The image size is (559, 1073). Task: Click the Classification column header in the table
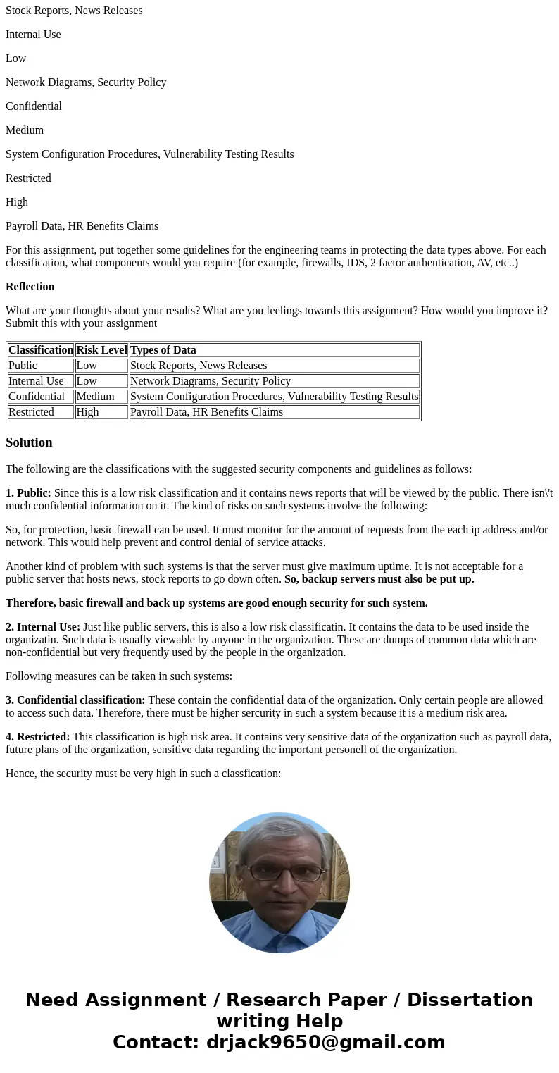(41, 350)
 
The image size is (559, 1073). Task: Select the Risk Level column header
(101, 350)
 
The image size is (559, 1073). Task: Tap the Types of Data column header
(163, 350)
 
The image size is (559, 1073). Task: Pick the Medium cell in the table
(95, 397)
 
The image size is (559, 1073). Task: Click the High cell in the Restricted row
(87, 412)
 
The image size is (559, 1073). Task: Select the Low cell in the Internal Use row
(87, 381)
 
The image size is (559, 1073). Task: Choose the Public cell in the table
(23, 366)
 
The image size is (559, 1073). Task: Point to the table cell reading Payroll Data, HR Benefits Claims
(206, 412)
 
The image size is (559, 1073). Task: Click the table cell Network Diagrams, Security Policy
(210, 381)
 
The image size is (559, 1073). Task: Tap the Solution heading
(29, 442)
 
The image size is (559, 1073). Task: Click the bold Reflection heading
(30, 287)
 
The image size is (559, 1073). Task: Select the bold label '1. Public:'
(28, 493)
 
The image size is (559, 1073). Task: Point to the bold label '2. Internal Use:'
(43, 627)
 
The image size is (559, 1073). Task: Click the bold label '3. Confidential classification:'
(75, 700)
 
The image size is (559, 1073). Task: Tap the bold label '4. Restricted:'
(37, 737)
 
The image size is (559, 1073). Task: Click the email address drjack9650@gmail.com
(325, 1043)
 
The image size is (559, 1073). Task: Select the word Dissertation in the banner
(470, 1000)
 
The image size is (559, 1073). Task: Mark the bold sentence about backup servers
(379, 579)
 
